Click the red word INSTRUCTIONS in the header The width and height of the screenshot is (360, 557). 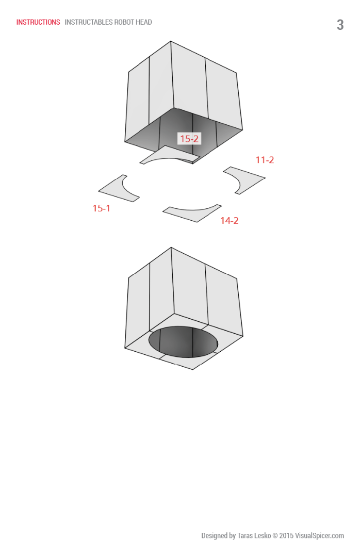tap(38, 22)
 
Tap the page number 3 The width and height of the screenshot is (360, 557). tap(340, 25)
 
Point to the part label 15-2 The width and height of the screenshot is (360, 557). tap(189, 139)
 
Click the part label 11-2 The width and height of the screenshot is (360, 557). tap(265, 160)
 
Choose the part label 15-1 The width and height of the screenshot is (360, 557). tap(102, 208)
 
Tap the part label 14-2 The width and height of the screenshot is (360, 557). tap(230, 221)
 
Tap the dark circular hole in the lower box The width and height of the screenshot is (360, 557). tap(183, 341)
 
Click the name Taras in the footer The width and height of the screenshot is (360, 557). tap(245, 536)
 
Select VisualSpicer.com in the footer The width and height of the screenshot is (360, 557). tap(319, 536)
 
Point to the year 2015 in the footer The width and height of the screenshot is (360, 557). tap(286, 536)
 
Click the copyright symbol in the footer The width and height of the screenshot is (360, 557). tap(275, 536)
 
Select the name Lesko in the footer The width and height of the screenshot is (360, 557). tap(263, 536)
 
